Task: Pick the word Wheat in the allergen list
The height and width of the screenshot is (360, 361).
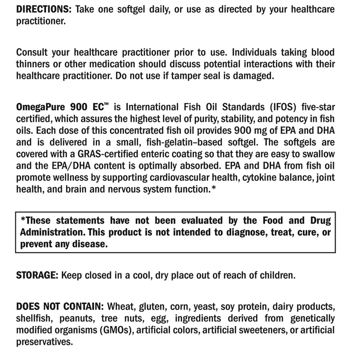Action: [x=121, y=306]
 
